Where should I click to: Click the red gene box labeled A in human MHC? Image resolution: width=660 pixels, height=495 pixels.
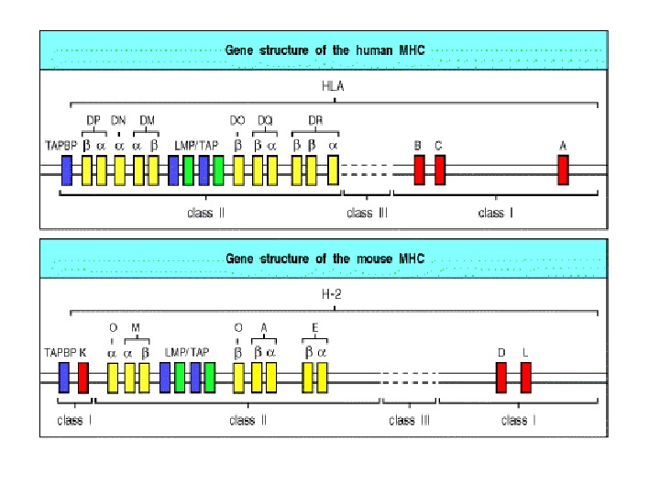pos(563,170)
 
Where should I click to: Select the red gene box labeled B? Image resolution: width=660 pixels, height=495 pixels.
pos(419,170)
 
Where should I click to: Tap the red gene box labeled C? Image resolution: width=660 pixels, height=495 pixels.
pos(440,170)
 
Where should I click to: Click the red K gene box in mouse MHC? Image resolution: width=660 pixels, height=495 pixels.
pos(82,378)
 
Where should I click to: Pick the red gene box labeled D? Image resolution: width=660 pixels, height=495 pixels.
pos(501,378)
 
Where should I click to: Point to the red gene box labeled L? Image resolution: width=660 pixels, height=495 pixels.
pos(526,378)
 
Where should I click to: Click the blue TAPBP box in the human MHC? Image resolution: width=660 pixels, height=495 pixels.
pos(67,170)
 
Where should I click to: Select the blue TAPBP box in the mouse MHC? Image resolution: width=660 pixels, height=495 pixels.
pos(64,378)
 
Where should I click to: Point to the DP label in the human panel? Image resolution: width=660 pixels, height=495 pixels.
pos(93,120)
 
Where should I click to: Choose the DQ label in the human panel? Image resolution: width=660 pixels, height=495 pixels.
pos(264,120)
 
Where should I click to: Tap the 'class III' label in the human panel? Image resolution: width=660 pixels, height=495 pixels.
pos(367,214)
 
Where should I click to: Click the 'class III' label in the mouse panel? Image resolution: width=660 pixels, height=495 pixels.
pos(409,421)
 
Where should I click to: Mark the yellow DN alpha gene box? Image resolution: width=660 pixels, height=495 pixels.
pos(119,170)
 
